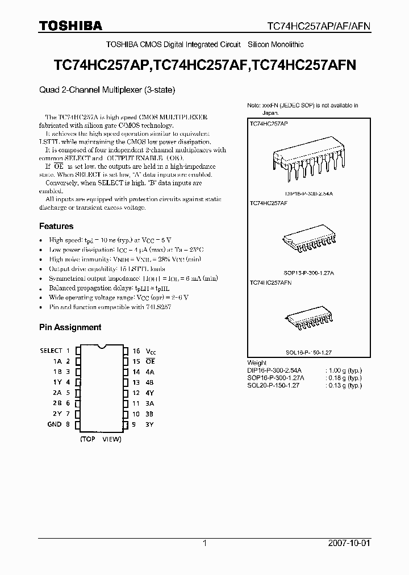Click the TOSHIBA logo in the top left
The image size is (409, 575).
(x=70, y=26)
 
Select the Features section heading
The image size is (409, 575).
(x=56, y=226)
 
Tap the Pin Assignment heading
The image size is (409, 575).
(x=70, y=327)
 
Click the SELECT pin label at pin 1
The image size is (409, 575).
(x=51, y=351)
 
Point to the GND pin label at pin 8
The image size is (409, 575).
(x=55, y=424)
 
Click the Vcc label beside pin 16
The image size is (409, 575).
(x=151, y=351)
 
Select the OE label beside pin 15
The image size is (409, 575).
(x=151, y=361)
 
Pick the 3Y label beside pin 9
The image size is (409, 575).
(x=150, y=424)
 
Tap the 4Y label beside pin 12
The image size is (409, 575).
(x=150, y=393)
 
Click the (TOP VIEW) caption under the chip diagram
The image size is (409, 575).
(x=101, y=439)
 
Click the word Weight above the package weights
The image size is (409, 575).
(x=257, y=363)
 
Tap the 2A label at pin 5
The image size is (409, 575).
(x=58, y=393)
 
